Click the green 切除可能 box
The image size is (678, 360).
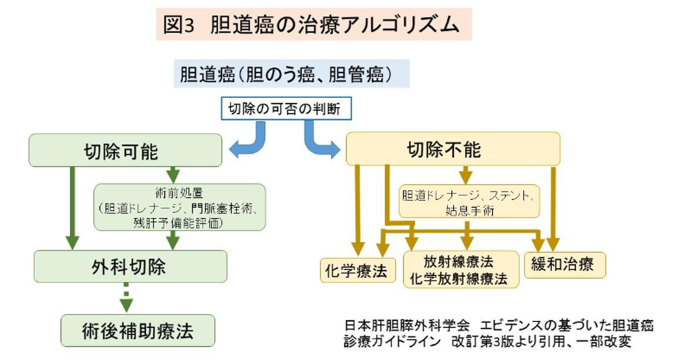point(124,150)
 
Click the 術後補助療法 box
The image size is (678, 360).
point(138,329)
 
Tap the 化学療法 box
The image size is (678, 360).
point(356,269)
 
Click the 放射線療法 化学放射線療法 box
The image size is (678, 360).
point(460,269)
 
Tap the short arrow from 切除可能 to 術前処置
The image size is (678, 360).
point(173,175)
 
